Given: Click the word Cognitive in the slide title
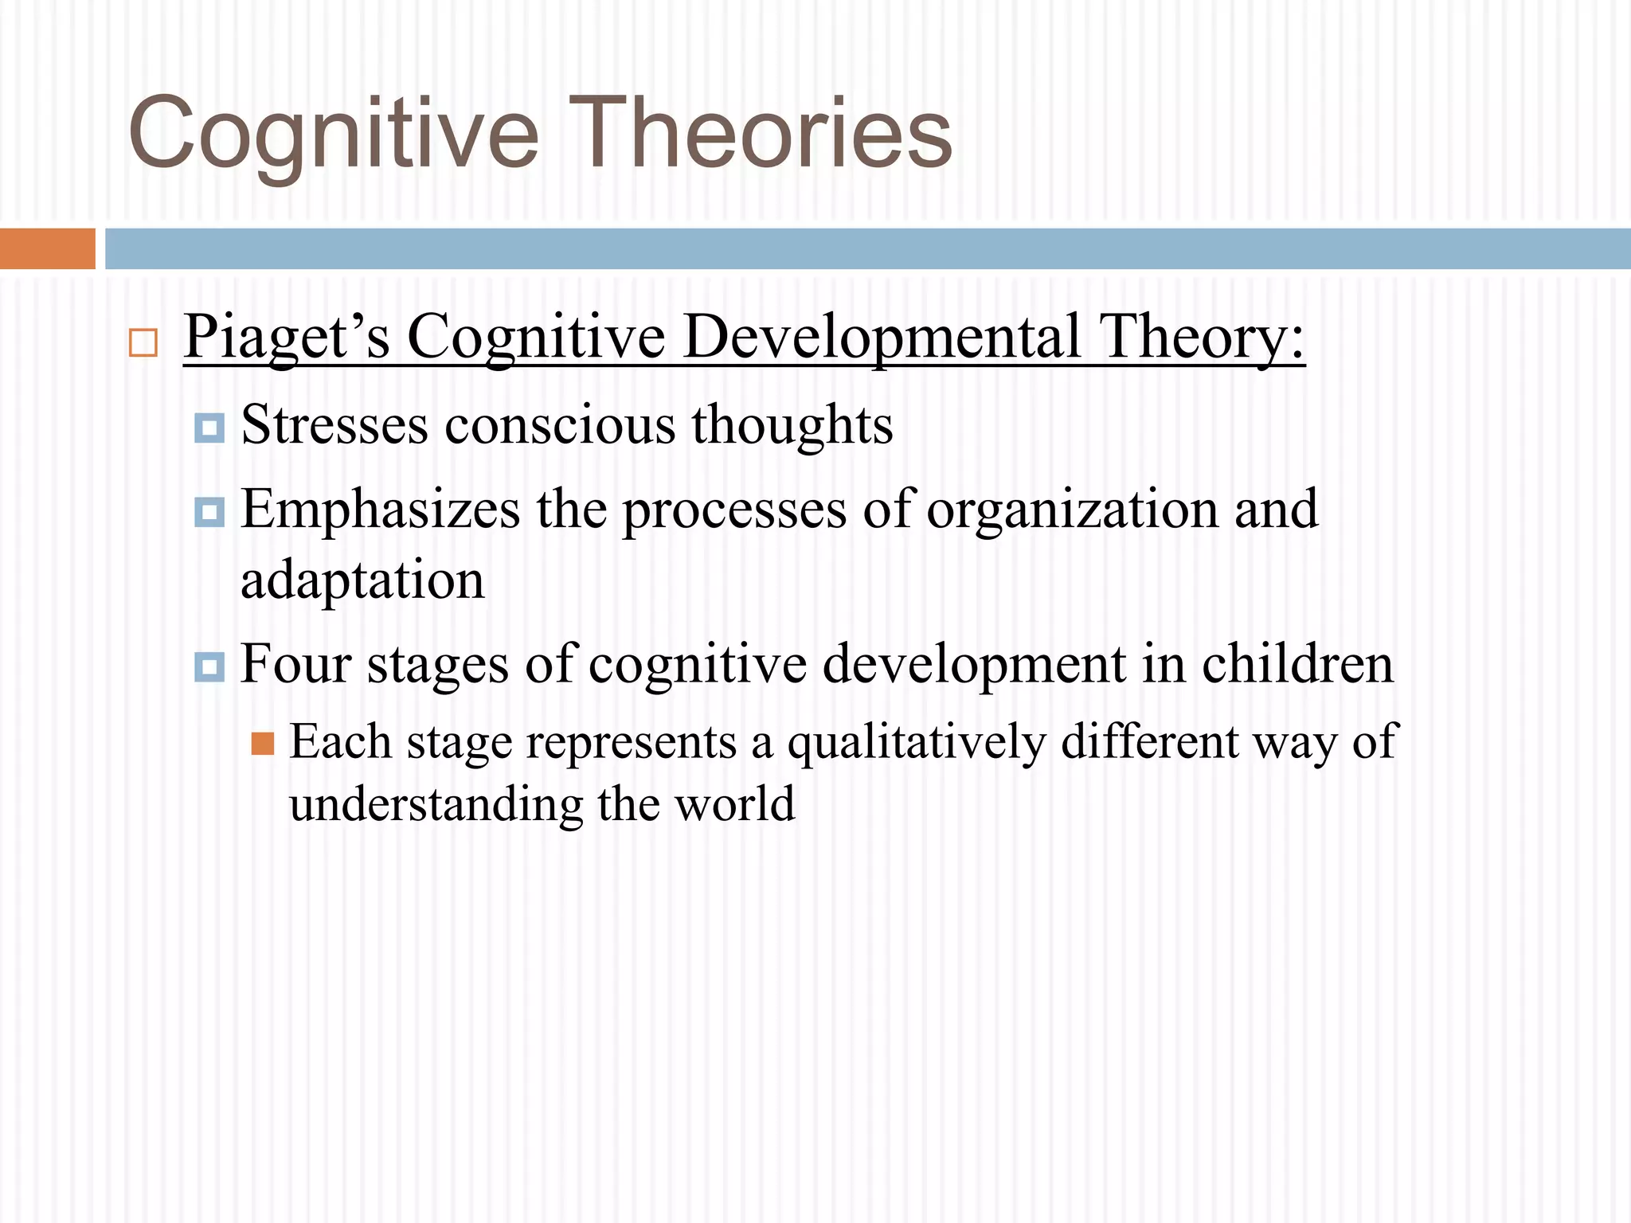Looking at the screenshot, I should click(333, 134).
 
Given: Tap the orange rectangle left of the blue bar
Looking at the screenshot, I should click(47, 248).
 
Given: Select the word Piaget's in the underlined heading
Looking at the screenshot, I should click(287, 338).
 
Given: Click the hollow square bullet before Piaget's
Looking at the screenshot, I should click(143, 343).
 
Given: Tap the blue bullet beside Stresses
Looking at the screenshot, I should click(209, 428).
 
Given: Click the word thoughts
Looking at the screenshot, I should click(792, 425).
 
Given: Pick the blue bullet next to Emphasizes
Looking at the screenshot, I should click(209, 512).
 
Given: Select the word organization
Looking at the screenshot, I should click(1072, 510).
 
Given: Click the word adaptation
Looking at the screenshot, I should click(362, 580).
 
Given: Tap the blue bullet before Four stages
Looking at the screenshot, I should click(209, 666).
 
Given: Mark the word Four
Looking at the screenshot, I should click(295, 664).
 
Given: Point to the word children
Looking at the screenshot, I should click(1297, 664).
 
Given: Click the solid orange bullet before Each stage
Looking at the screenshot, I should click(263, 744).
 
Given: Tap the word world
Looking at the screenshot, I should click(734, 803).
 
